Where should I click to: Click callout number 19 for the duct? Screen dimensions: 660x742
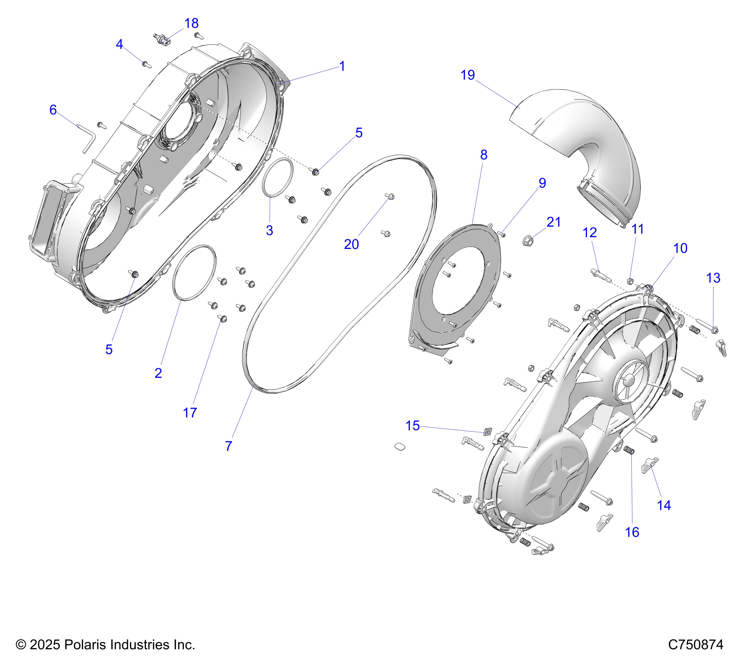pyautogui.click(x=467, y=75)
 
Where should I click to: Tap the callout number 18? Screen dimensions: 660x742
pyautogui.click(x=191, y=24)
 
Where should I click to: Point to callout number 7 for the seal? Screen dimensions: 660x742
pyautogui.click(x=228, y=446)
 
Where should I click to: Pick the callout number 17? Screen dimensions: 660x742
pyautogui.click(x=190, y=413)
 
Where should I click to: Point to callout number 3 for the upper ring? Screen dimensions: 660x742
pyautogui.click(x=269, y=230)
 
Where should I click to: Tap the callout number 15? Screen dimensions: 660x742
pyautogui.click(x=412, y=426)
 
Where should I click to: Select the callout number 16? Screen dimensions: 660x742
pyautogui.click(x=632, y=532)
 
